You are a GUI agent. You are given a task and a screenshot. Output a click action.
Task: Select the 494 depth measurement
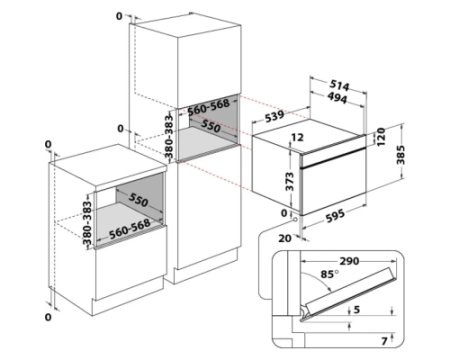click(x=337, y=98)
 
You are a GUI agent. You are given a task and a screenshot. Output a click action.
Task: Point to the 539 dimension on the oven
click(x=275, y=116)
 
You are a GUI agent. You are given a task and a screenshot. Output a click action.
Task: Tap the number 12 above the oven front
click(x=297, y=137)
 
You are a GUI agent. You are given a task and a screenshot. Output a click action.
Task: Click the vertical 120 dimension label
click(x=381, y=137)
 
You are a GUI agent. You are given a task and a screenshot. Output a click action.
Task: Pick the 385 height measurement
click(x=401, y=155)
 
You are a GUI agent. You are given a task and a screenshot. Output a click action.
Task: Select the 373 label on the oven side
click(x=290, y=181)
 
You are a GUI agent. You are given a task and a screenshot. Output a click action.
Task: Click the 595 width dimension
click(x=335, y=216)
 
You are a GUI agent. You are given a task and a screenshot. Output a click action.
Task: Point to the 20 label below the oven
click(x=285, y=238)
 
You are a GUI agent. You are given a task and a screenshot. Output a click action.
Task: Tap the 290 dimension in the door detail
click(x=349, y=261)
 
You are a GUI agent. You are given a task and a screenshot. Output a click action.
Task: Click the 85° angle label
click(x=329, y=274)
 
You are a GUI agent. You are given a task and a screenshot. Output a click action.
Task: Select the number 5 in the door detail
click(x=357, y=310)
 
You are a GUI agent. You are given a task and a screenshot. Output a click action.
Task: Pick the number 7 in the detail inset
click(x=384, y=341)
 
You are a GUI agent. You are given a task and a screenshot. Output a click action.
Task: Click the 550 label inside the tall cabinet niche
click(x=210, y=127)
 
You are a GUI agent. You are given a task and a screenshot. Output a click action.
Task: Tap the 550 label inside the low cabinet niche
click(x=138, y=200)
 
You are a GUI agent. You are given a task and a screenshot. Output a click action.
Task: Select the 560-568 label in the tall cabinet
click(x=208, y=107)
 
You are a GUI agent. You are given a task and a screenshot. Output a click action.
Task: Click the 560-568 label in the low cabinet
click(x=130, y=229)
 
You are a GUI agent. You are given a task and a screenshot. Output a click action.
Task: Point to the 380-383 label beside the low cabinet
click(x=87, y=223)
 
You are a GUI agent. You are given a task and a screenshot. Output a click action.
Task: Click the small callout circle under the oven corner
click(x=295, y=220)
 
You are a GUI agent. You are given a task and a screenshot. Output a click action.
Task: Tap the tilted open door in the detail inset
click(x=349, y=294)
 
